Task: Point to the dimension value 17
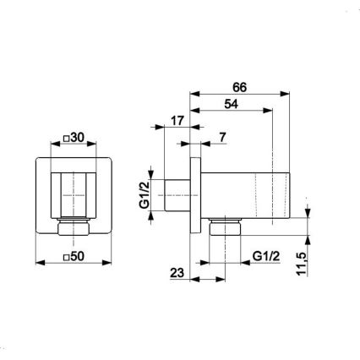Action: [x=177, y=122]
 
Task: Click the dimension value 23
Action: [x=177, y=273]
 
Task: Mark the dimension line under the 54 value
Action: [x=232, y=110]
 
